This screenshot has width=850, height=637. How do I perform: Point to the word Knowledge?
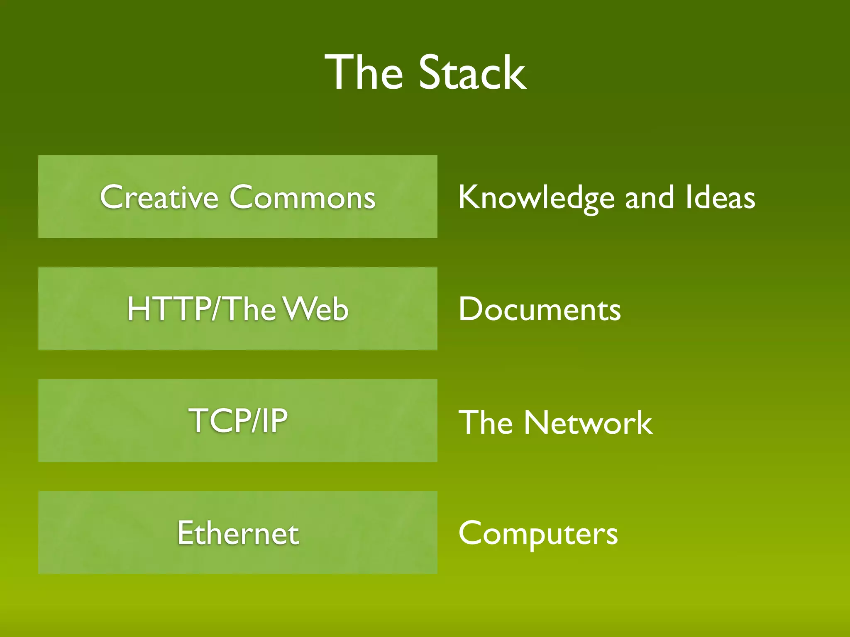pyautogui.click(x=536, y=198)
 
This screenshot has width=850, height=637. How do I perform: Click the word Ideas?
pyautogui.click(x=720, y=198)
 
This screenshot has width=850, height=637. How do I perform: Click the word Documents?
pyautogui.click(x=540, y=309)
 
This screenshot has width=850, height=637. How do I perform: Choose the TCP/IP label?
pyautogui.click(x=238, y=421)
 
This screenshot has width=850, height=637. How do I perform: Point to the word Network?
pyautogui.click(x=588, y=422)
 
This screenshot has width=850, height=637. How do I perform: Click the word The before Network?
pyautogui.click(x=486, y=422)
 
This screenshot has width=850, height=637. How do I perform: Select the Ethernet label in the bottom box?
pyautogui.click(x=238, y=533)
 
